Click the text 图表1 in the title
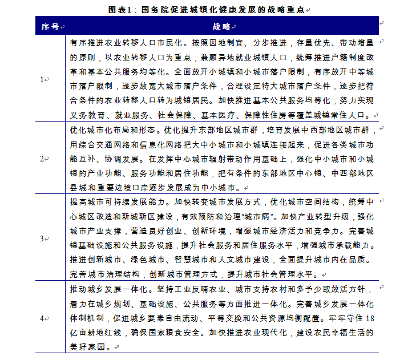(x=120, y=10)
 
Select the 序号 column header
(x=50, y=27)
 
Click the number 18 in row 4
(x=370, y=318)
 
